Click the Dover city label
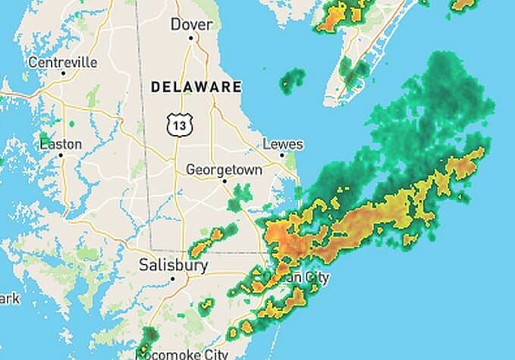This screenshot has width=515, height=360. (191, 24)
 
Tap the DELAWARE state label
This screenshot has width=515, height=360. (196, 87)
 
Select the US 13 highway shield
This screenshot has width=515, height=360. (179, 123)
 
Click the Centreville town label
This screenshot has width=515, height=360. (63, 62)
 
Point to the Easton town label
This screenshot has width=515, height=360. (61, 143)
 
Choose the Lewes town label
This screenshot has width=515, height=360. (282, 144)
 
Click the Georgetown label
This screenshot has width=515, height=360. (224, 170)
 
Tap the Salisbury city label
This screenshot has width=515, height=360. (173, 265)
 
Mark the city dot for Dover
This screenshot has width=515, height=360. (190, 37)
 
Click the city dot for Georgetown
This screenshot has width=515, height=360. (225, 181)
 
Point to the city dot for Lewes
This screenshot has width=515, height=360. (281, 155)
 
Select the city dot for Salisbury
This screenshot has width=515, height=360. (173, 278)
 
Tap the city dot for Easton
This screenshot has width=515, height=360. (60, 155)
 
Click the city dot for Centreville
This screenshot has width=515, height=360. (63, 74)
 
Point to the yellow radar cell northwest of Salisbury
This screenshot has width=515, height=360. (201, 246)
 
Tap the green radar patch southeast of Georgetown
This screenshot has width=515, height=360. (242, 194)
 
